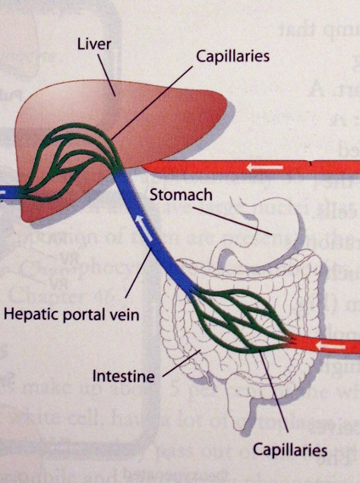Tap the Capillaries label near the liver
coord(232,56)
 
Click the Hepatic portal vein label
coord(71,313)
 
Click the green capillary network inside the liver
coord(72,156)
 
